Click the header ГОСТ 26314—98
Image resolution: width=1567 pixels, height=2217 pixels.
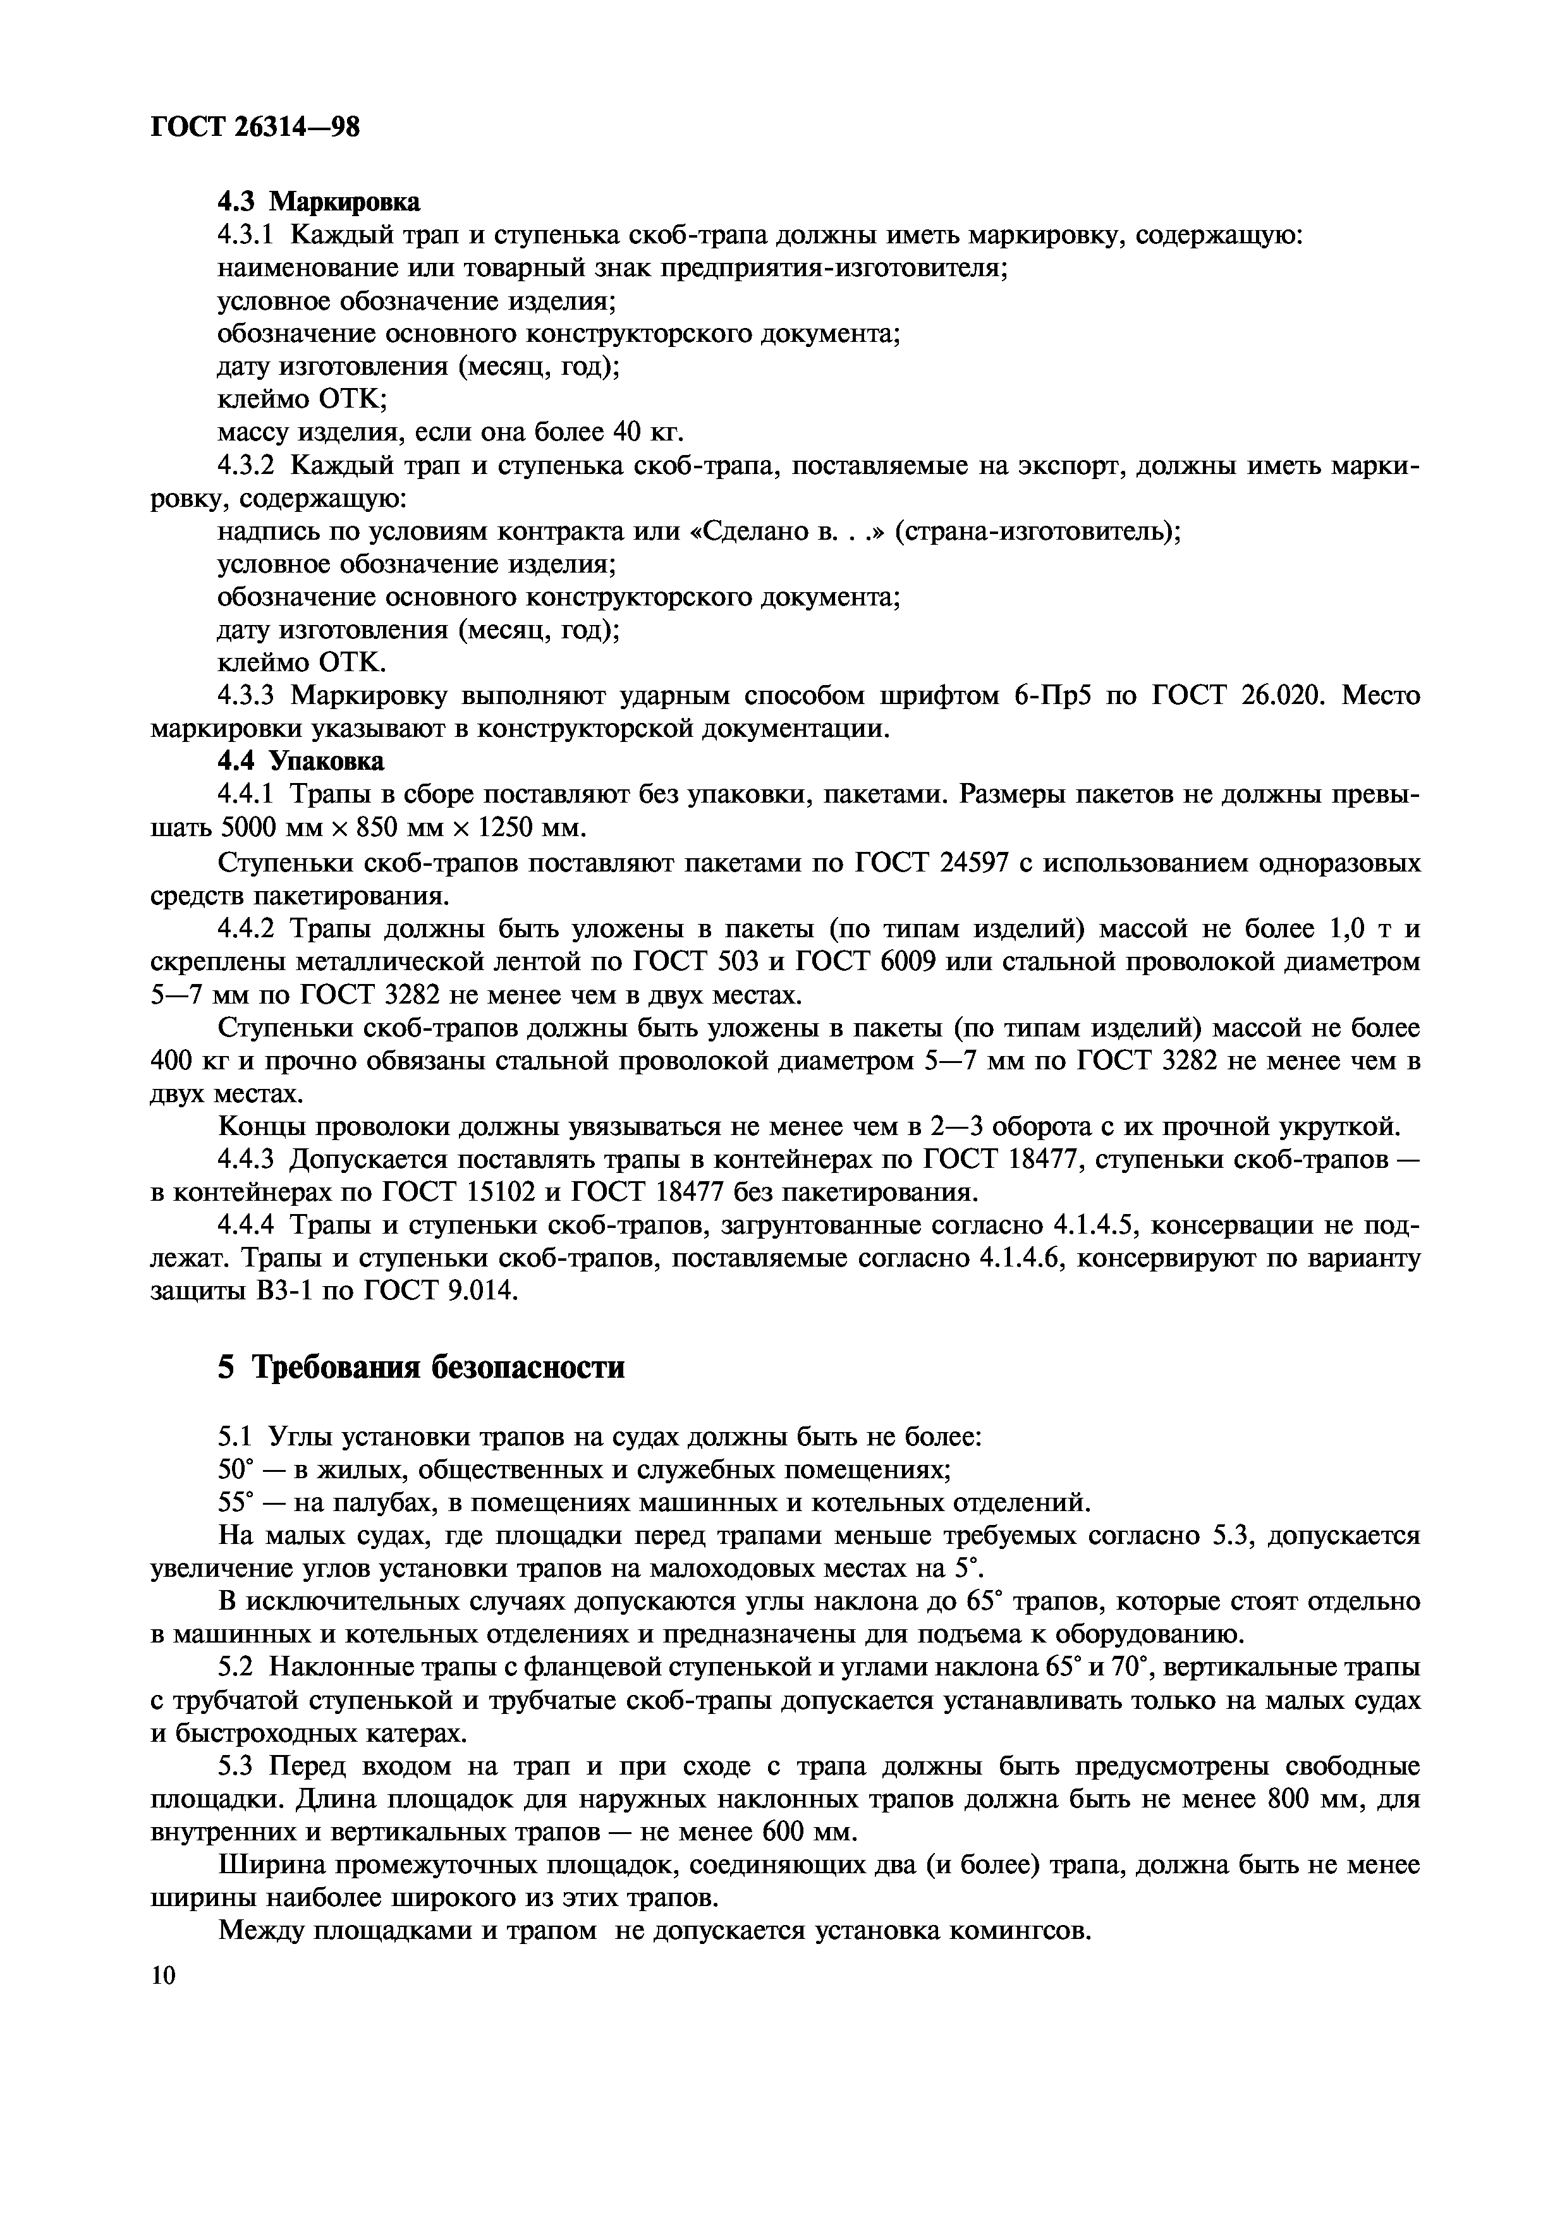255,126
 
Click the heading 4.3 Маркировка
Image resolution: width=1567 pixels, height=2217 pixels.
319,202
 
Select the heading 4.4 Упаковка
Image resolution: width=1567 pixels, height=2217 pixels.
300,761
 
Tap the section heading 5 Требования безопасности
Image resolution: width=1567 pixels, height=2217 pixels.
421,1367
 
